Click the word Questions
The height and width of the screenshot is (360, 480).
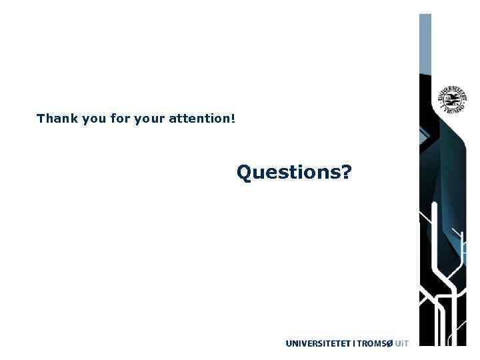click(x=288, y=173)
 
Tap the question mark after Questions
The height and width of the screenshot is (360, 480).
click(x=346, y=172)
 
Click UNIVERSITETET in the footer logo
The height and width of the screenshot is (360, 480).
click(x=317, y=343)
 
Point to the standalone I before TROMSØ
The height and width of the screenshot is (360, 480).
click(x=353, y=343)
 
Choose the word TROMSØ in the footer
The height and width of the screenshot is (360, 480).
click(x=373, y=343)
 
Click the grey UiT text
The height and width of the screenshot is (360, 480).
click(x=401, y=343)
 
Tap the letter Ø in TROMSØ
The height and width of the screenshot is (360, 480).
click(x=388, y=343)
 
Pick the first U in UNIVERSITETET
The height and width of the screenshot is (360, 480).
click(x=289, y=343)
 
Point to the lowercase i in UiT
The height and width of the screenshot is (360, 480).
click(x=401, y=343)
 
